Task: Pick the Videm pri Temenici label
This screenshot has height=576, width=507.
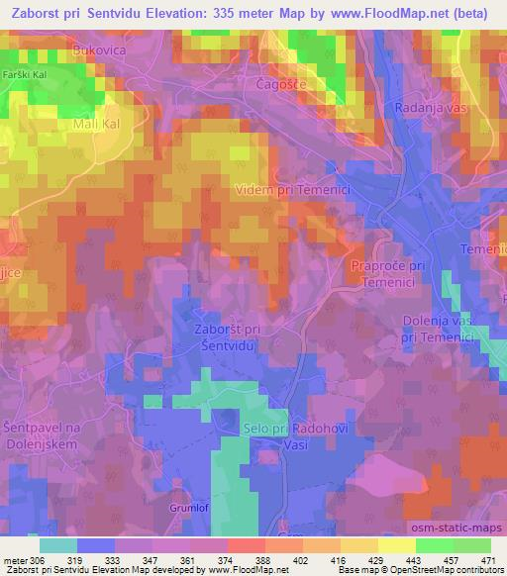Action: point(296,188)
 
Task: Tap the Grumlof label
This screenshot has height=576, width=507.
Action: point(184,511)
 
